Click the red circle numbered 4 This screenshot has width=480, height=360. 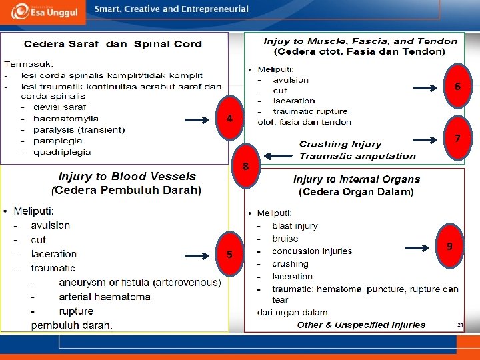coord(229,119)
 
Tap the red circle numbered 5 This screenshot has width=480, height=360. coord(229,255)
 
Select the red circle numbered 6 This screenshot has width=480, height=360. coord(458,87)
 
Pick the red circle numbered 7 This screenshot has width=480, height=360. coord(458,139)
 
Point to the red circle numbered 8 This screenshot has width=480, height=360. coord(245,166)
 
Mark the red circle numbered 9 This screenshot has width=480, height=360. coord(450,247)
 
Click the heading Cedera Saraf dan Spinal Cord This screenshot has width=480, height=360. coord(113,44)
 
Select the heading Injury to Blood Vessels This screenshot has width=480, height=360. coord(127,177)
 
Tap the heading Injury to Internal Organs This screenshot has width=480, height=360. coord(357,179)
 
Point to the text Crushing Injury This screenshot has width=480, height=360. coord(340,144)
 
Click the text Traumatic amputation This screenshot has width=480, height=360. coord(357,156)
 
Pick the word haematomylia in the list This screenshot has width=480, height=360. coord(65,119)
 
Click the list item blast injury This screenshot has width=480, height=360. coord(295,226)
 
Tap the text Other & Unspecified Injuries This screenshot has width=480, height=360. coord(361,325)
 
